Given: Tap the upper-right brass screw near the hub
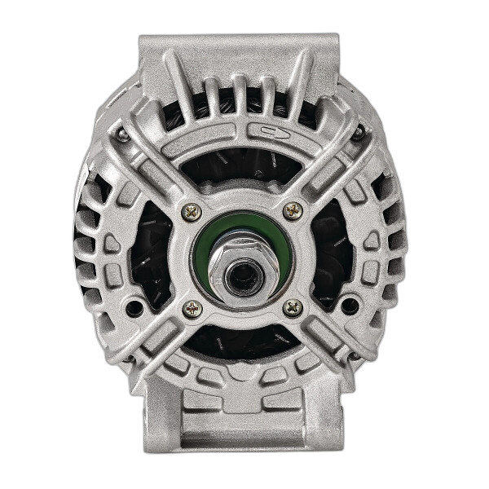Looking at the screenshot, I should [x=293, y=210].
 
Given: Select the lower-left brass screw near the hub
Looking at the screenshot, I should [x=192, y=307].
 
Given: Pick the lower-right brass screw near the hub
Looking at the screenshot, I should [x=293, y=307].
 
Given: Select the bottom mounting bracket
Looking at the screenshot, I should [x=242, y=424].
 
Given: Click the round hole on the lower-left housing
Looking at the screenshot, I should [x=132, y=307].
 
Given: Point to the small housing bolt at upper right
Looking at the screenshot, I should [x=358, y=133].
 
